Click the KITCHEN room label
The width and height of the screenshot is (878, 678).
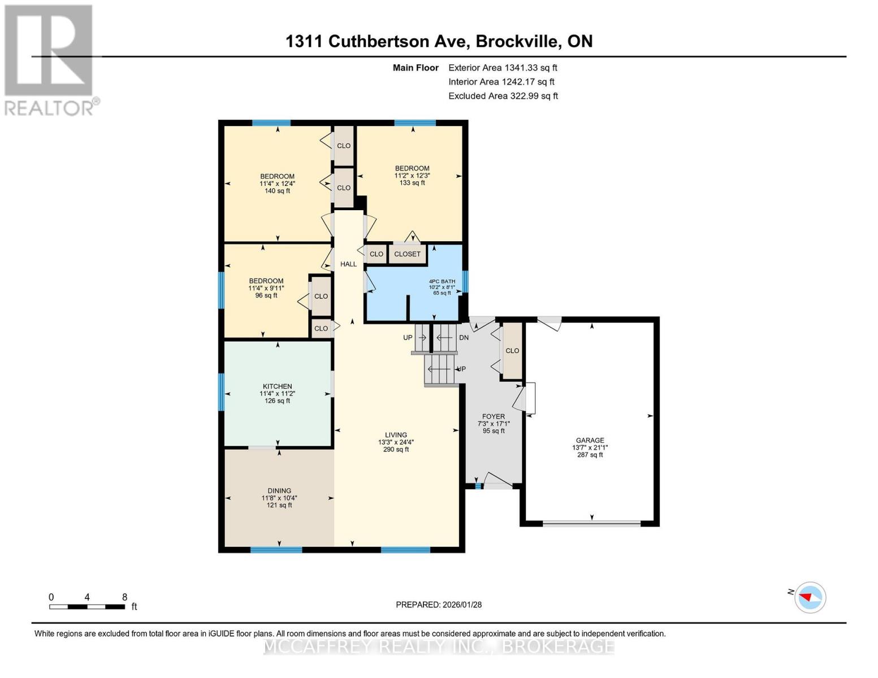277,386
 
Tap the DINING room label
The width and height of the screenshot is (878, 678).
279,491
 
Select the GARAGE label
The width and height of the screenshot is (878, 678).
590,440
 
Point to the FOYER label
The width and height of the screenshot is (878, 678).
494,416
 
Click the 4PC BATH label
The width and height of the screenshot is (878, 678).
442,281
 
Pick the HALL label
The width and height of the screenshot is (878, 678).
348,264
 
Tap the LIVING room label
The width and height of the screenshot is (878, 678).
396,435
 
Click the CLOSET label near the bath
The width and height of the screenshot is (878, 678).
407,254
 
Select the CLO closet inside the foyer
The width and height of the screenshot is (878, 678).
512,351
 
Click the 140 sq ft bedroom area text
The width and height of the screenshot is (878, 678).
277,191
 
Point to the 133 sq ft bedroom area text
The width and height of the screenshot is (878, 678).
412,183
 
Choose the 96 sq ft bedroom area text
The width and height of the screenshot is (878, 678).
266,295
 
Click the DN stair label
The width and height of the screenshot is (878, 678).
464,338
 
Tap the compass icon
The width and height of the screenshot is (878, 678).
810,597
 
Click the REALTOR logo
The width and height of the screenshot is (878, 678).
49,60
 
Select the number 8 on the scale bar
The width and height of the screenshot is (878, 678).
124,597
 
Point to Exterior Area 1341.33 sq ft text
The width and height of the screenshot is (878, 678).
503,68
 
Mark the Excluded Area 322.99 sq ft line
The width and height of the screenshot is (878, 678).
503,96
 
